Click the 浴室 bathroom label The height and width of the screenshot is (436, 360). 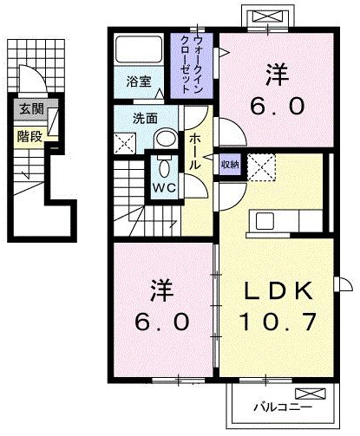(139, 81)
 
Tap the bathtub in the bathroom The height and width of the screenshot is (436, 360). (139, 49)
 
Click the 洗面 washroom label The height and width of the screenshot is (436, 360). (145, 119)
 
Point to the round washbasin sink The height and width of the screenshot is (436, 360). (166, 139)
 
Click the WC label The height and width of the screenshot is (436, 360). (164, 188)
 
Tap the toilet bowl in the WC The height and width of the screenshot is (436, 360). (165, 167)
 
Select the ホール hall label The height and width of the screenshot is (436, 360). (194, 152)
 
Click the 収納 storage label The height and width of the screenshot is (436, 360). (230, 165)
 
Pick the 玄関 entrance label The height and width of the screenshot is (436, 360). (32, 109)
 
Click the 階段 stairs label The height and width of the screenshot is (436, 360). (29, 136)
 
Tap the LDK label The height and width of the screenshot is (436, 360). (278, 290)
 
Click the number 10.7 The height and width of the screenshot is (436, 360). (278, 322)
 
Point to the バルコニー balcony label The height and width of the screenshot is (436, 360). (283, 407)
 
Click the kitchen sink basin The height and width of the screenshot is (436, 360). (265, 221)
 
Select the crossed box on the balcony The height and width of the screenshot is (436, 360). (311, 394)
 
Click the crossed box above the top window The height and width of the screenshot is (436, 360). (267, 16)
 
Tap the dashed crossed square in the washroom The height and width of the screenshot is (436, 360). (125, 143)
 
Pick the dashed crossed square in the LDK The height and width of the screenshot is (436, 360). (261, 167)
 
